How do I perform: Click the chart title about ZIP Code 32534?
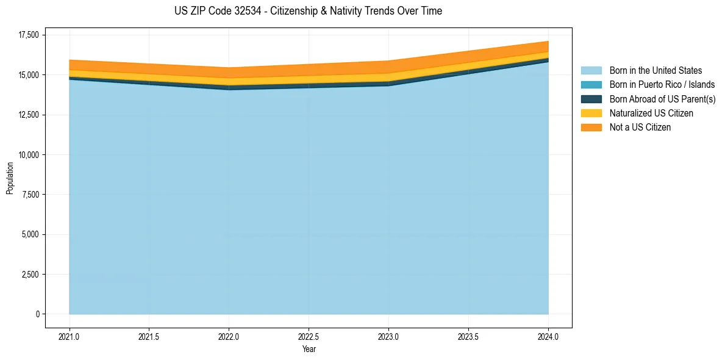308,11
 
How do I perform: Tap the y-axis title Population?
10,178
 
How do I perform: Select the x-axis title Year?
309,349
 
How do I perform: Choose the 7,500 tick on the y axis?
28,195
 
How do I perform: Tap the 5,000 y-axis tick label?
28,234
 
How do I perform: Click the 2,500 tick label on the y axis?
28,275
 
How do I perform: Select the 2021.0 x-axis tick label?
69,336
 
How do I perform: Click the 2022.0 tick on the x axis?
229,336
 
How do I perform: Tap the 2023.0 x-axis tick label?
388,336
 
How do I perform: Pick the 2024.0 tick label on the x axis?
548,336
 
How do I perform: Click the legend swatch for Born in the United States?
591,71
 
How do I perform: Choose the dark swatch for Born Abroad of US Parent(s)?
591,99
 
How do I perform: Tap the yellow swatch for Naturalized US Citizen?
591,113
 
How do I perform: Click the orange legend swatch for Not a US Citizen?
591,128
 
